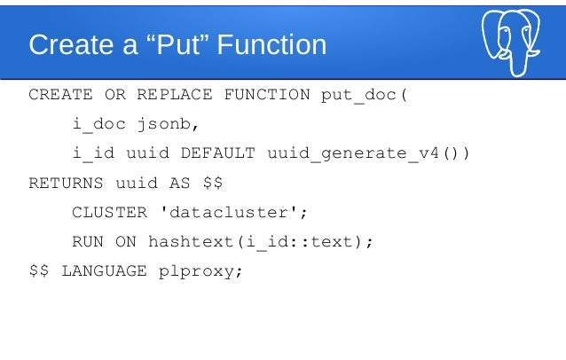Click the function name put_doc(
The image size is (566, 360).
click(364, 96)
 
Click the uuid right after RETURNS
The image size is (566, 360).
click(137, 184)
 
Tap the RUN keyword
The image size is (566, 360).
click(87, 242)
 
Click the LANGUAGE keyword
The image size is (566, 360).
click(104, 271)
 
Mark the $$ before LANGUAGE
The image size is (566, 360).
click(39, 271)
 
